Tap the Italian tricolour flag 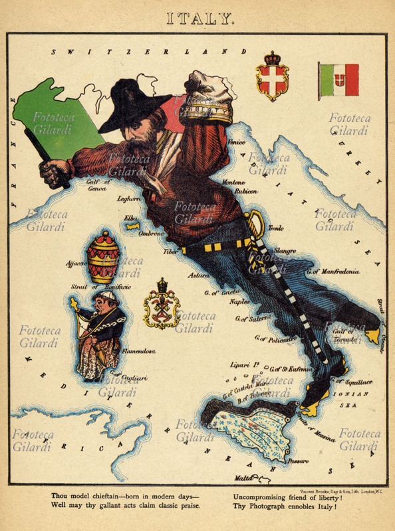[x=338, y=81]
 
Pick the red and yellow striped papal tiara [x=104, y=258]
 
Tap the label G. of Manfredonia [x=332, y=271]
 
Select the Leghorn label [x=128, y=198]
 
